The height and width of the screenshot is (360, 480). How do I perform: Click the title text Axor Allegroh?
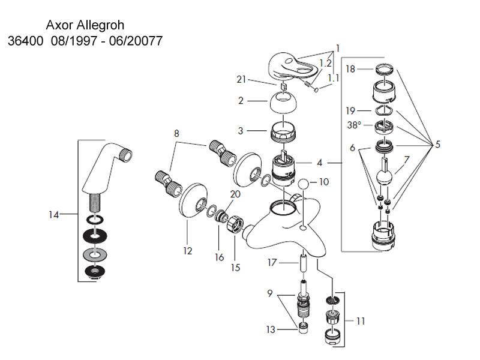tap(86, 28)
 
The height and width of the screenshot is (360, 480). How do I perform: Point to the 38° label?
tap(354, 126)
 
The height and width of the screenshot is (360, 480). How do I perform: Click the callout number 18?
tap(350, 69)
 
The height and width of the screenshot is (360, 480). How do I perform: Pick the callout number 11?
tap(360, 321)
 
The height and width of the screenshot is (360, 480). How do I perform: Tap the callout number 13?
tap(271, 329)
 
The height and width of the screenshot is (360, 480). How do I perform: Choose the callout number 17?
tap(272, 262)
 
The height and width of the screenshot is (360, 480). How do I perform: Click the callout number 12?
tap(188, 251)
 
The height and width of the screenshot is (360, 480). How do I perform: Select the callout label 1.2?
tap(325, 62)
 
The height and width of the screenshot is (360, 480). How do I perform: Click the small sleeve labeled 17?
tap(303, 262)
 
